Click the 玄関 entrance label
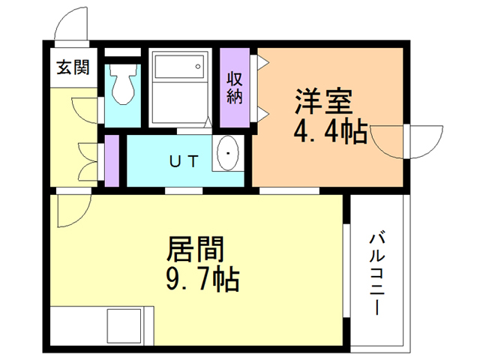click(x=73, y=68)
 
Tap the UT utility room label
click(x=184, y=160)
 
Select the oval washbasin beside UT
click(x=226, y=155)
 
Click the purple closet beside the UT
click(x=112, y=160)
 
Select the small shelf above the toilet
click(x=121, y=55)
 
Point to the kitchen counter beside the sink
click(x=78, y=325)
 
